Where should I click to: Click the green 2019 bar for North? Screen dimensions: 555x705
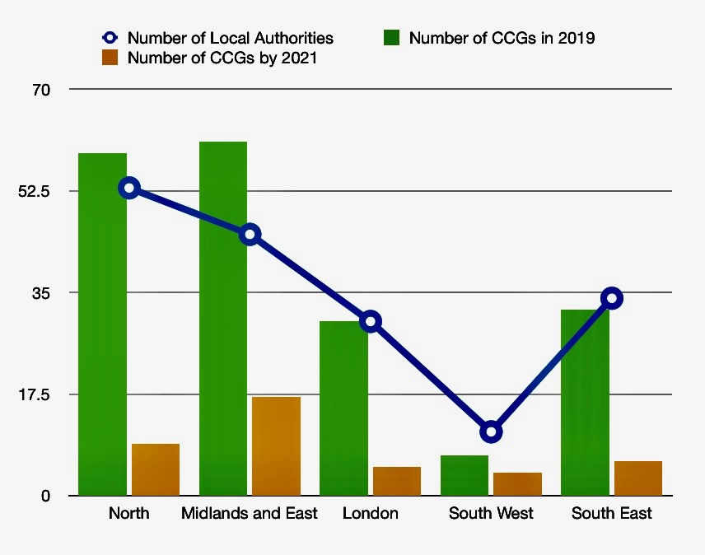pyautogui.click(x=102, y=329)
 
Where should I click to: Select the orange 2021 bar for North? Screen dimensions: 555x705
pyautogui.click(x=156, y=469)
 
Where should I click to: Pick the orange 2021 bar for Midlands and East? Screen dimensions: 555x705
pyautogui.click(x=276, y=446)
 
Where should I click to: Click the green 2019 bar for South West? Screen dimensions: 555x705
pyautogui.click(x=465, y=475)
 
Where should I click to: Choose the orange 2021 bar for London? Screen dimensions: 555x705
pyautogui.click(x=397, y=481)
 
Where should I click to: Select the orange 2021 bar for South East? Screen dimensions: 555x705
pyautogui.click(x=638, y=478)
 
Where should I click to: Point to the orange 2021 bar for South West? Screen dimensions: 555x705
pyautogui.click(x=518, y=483)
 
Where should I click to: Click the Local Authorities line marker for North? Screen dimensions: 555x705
pyautogui.click(x=128, y=189)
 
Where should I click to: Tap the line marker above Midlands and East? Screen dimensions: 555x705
pyautogui.click(x=250, y=235)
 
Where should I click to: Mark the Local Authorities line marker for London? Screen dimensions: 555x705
pyautogui.click(x=371, y=321)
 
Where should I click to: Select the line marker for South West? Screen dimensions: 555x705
pyautogui.click(x=492, y=431)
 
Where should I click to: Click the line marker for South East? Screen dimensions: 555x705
pyautogui.click(x=611, y=298)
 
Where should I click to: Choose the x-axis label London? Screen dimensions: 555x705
pyautogui.click(x=371, y=514)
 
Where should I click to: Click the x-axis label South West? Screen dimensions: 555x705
pyautogui.click(x=491, y=514)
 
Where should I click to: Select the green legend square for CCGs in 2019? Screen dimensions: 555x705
pyautogui.click(x=392, y=38)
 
